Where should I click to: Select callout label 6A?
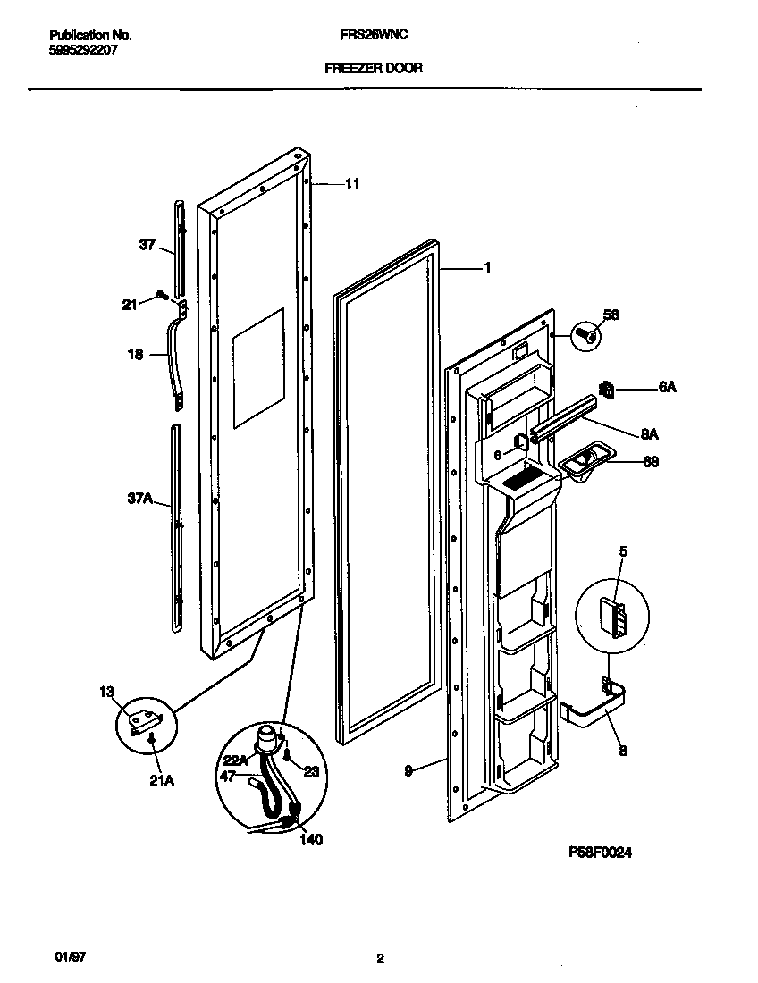pos(667,388)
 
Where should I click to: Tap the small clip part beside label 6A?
pos(608,390)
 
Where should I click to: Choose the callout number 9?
pos(408,769)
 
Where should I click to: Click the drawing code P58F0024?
pos(600,853)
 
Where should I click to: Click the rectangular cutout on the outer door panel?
pos(257,366)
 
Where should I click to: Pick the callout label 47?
pos(228,777)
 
